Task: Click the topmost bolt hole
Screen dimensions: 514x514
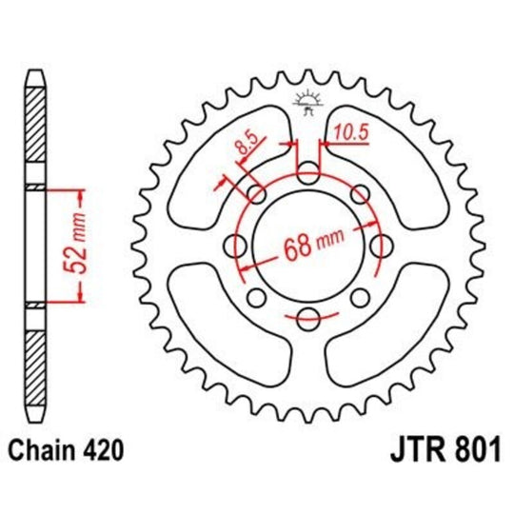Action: (307, 174)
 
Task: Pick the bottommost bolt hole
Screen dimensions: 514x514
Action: (307, 320)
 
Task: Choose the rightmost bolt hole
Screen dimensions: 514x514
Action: (381, 247)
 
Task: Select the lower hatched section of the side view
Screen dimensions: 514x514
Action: (33, 366)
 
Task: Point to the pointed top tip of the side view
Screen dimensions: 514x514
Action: (33, 72)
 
